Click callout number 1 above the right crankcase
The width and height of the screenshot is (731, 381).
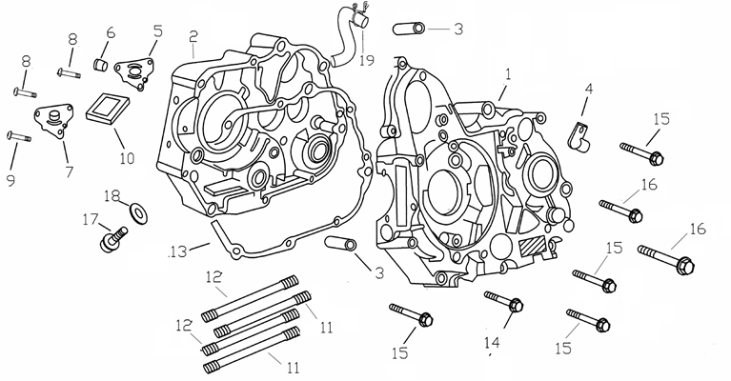pyautogui.click(x=508, y=72)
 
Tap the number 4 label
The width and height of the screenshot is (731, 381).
pyautogui.click(x=588, y=88)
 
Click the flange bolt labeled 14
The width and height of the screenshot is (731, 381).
pyautogui.click(x=504, y=303)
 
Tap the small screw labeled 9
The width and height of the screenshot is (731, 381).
pyautogui.click(x=19, y=137)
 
